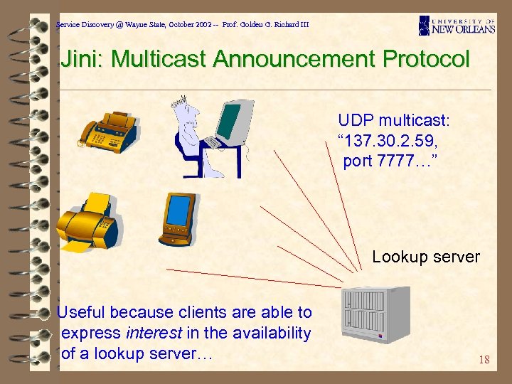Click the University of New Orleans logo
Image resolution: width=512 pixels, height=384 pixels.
point(457,26)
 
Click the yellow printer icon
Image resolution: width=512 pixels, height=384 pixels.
point(87,221)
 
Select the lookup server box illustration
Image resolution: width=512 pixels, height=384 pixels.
point(375,314)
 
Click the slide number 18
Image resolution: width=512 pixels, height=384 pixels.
point(484,359)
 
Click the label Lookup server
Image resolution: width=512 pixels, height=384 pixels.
point(426,257)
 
